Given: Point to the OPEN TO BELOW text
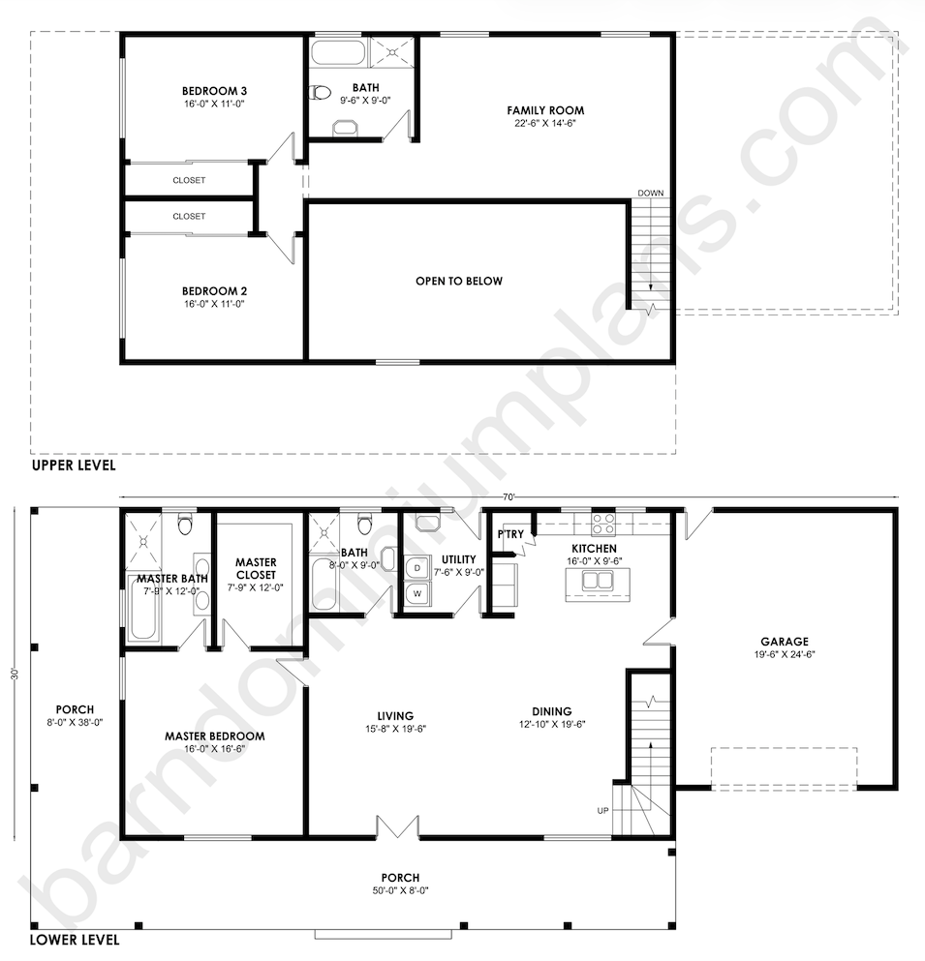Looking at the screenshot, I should pyautogui.click(x=459, y=282).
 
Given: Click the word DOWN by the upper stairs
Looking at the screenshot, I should pyautogui.click(x=651, y=194).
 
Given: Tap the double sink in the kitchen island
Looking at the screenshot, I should pyautogui.click(x=590, y=583).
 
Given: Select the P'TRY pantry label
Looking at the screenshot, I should pyautogui.click(x=510, y=534).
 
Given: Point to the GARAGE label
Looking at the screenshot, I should pyautogui.click(x=784, y=641).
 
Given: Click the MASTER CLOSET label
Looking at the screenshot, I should pyautogui.click(x=256, y=568).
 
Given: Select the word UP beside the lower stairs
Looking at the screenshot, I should pyautogui.click(x=603, y=810).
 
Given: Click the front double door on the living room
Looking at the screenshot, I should pyautogui.click(x=397, y=826).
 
